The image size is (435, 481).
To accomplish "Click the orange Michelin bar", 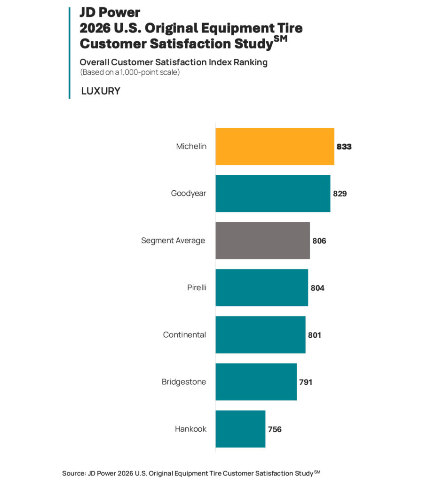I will (275, 147).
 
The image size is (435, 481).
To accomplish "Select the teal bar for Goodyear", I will (273, 194).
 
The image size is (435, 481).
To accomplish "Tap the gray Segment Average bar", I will (262, 240).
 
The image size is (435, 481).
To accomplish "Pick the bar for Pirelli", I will (261, 287).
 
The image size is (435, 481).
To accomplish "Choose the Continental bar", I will (260, 334).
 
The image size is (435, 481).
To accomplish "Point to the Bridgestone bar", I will (256, 381).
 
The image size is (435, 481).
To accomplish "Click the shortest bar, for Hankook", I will (240, 428).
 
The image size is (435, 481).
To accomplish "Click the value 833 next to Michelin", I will (344, 147).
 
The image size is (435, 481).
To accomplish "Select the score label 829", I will (340, 194).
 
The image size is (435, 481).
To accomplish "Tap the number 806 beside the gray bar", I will (319, 240).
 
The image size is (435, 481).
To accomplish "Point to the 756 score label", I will (275, 429).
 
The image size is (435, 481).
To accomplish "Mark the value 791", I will (306, 382).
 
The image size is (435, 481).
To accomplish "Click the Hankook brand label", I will (190, 429).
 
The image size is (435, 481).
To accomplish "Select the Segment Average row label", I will (173, 240).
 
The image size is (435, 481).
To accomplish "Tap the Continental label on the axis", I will (184, 335).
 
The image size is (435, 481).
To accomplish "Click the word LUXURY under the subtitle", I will (101, 91).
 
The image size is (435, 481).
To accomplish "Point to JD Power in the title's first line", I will (110, 12).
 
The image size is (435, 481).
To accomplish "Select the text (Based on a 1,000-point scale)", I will (130, 72).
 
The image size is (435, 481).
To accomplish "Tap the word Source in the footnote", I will (73, 473).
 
